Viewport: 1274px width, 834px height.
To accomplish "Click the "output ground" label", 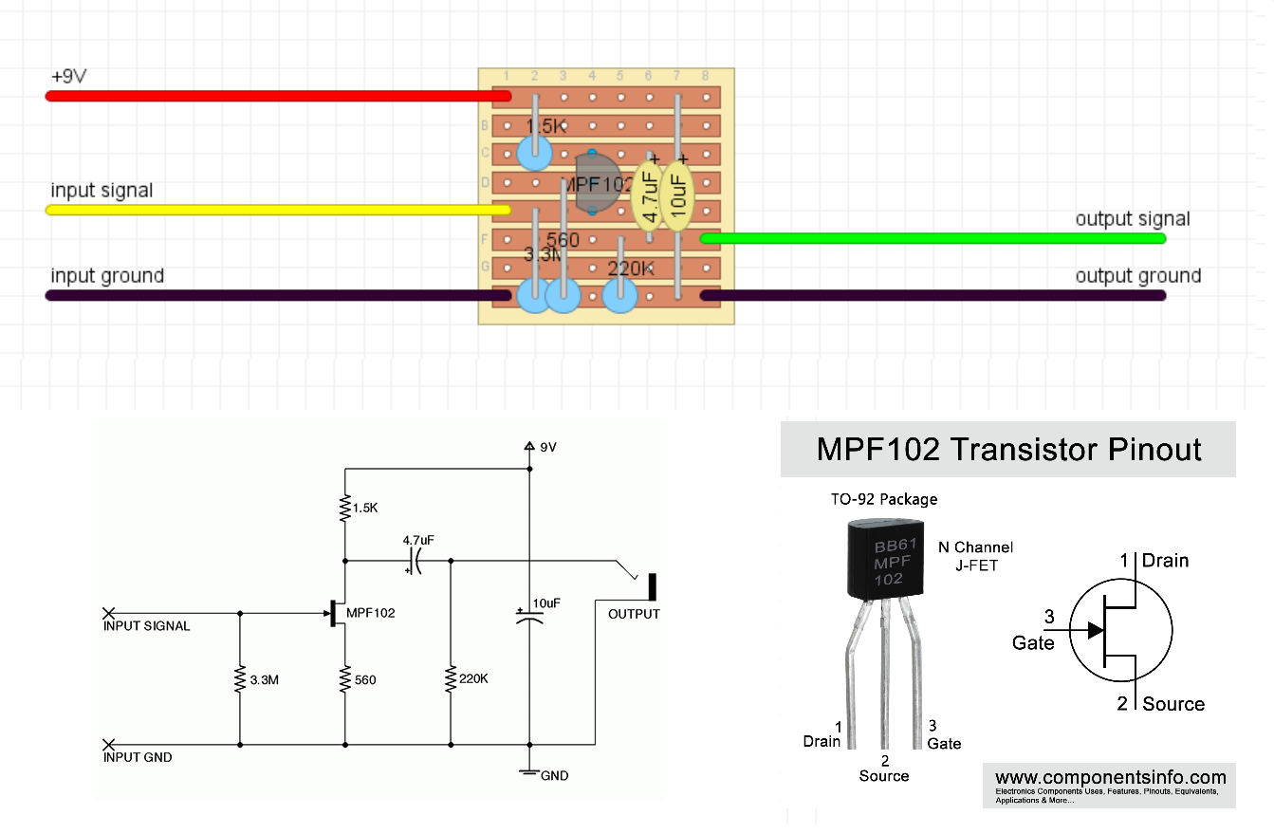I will coord(1137,276).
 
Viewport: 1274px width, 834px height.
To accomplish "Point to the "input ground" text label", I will coord(107,276).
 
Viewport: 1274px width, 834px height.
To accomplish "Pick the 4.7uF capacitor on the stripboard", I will coord(650,196).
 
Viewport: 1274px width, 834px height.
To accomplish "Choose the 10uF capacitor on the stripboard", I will coord(678,196).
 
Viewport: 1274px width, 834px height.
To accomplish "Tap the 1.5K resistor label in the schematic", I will coord(365,508).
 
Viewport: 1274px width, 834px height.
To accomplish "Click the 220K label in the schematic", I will coord(472,679).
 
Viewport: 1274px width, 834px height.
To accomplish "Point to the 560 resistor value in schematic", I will coord(365,680).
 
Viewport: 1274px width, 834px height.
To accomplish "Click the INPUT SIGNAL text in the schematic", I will coord(147,626).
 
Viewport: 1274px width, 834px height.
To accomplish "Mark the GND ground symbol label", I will coord(554,775).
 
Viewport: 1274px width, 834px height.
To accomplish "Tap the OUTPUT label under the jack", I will coord(634,614).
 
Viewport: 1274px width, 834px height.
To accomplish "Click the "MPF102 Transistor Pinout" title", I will coord(1008,449).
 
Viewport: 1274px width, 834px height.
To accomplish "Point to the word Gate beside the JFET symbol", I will coord(1033,643).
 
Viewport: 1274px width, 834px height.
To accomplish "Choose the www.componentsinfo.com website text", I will coord(1110,778).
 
